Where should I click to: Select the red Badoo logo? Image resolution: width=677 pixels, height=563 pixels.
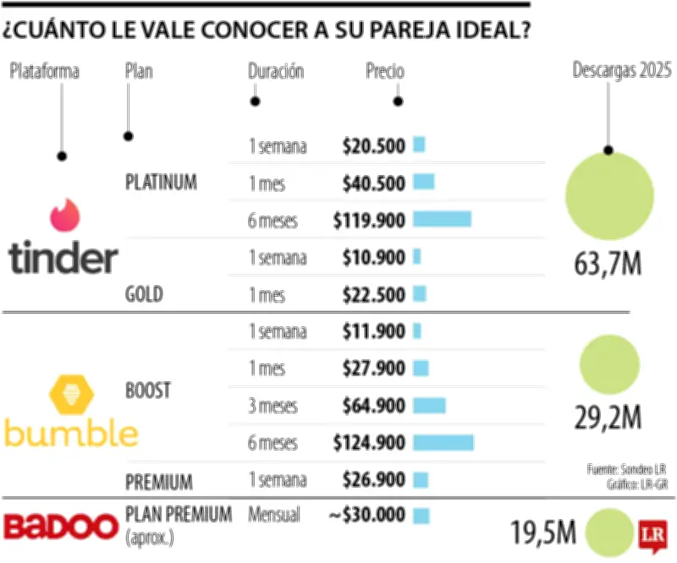click(x=62, y=525)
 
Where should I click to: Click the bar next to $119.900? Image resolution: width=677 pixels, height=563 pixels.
click(x=442, y=220)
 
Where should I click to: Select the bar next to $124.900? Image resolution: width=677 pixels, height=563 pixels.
click(x=443, y=442)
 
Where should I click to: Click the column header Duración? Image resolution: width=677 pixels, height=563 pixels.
click(x=276, y=72)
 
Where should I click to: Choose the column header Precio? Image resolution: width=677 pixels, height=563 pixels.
click(x=385, y=72)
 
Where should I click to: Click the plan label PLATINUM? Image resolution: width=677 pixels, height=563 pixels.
click(x=161, y=182)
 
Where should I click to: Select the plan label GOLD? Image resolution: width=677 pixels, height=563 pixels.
click(x=144, y=295)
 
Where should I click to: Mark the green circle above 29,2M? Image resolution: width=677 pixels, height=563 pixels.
click(x=609, y=365)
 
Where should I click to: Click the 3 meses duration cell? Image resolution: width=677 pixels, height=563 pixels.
click(x=272, y=406)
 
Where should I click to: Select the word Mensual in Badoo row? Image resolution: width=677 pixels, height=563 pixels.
click(x=274, y=515)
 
